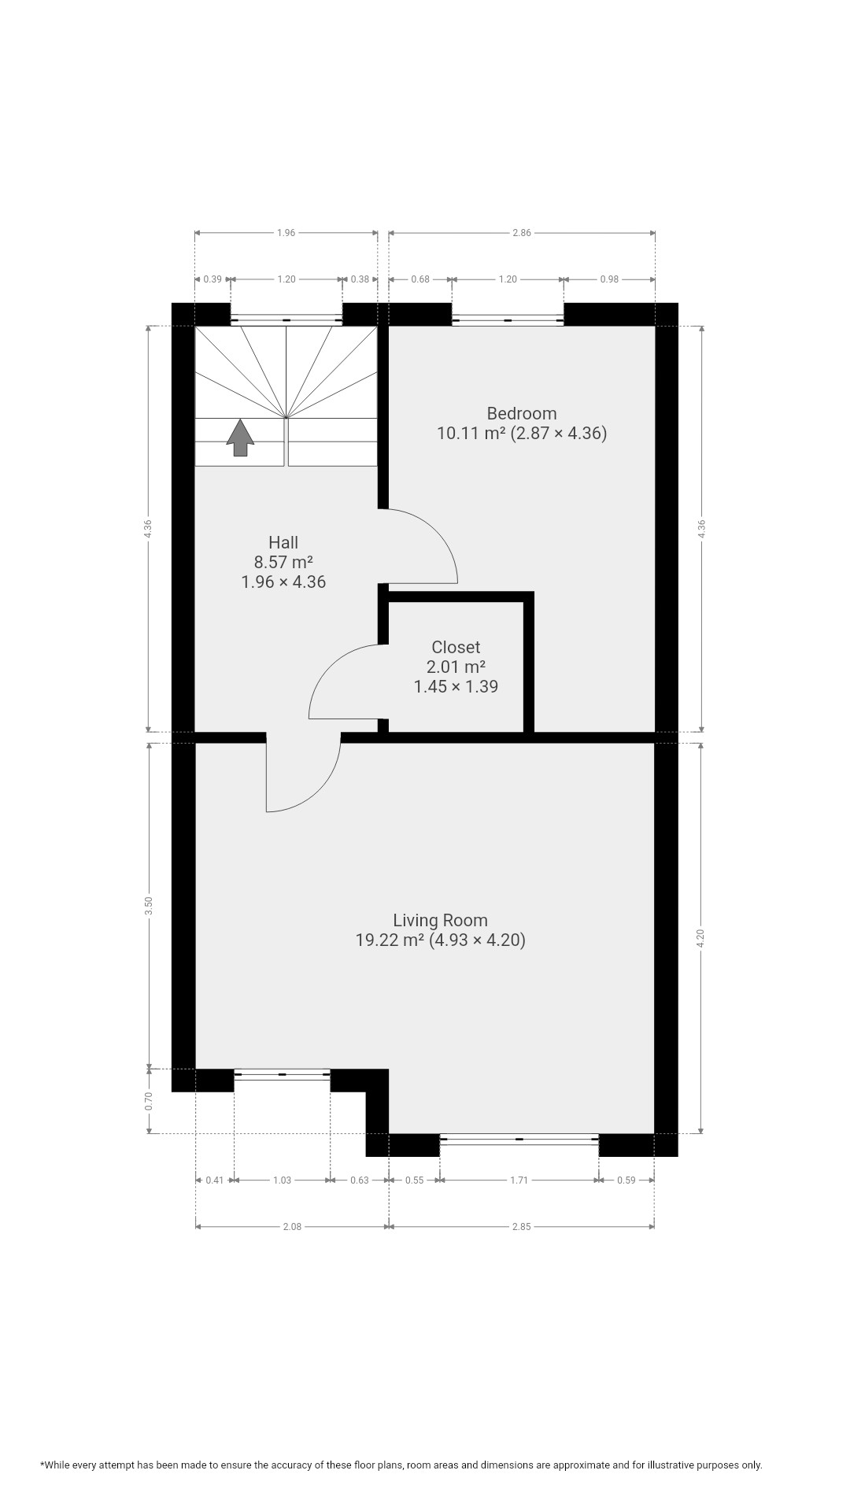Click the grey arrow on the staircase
click(x=240, y=438)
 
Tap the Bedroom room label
click(x=522, y=413)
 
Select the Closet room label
click(x=456, y=647)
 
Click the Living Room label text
click(x=440, y=920)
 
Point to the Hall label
click(x=283, y=542)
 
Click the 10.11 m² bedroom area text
click(x=471, y=433)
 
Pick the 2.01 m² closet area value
click(x=456, y=667)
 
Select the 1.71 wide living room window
click(x=519, y=1139)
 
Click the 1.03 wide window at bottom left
click(x=283, y=1074)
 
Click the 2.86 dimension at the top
click(x=522, y=233)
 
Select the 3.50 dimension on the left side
click(x=149, y=906)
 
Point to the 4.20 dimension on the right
click(x=701, y=938)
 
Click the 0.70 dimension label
click(x=149, y=1101)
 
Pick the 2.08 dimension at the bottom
click(x=291, y=1226)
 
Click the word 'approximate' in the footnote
click(x=582, y=1465)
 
